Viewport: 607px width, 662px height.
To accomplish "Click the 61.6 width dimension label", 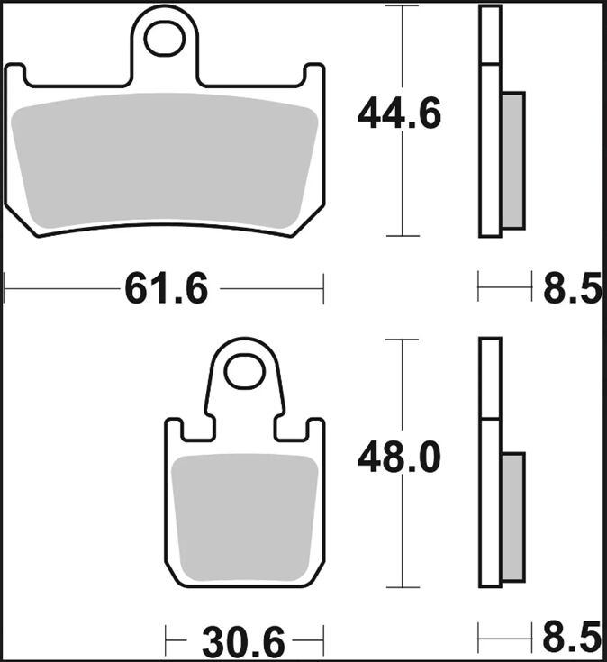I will [166, 289].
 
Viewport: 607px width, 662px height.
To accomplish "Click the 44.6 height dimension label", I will [399, 115].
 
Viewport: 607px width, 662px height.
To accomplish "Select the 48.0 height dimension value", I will [399, 458].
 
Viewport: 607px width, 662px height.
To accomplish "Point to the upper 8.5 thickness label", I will [572, 289].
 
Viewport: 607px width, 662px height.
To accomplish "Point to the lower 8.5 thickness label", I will [572, 639].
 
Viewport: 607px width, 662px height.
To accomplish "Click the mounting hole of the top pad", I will [166, 38].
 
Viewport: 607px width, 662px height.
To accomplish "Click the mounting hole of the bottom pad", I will [242, 371].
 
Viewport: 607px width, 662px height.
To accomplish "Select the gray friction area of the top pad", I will [166, 160].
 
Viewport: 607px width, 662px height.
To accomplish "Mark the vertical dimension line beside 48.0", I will [402, 540].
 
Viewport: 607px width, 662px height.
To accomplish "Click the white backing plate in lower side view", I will [489, 504].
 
